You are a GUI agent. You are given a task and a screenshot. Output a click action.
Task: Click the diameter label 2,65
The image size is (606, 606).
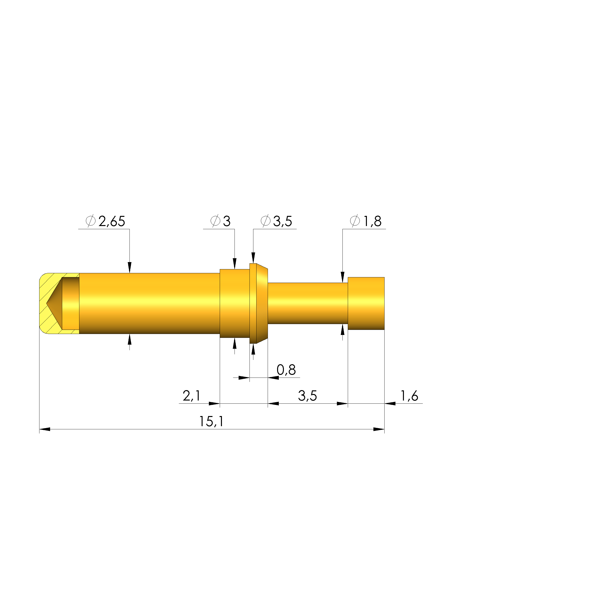coord(105,221)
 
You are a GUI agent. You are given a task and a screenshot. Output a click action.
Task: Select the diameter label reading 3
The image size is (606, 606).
coord(220,221)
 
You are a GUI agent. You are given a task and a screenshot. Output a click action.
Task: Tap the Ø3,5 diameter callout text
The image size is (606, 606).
coord(276,221)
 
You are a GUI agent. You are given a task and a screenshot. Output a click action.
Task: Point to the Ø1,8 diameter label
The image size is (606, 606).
coord(366,221)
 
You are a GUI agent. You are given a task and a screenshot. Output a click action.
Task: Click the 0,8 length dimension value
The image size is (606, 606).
coord(286,370)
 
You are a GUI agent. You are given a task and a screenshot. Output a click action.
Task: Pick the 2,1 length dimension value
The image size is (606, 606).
coord(191,396)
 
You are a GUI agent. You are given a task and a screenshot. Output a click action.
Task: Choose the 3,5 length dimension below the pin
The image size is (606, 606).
coord(307,396)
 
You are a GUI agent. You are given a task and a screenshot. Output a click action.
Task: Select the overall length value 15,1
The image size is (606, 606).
coord(212,422)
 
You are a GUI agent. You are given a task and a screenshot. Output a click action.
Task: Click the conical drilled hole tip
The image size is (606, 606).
coord(47,303)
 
